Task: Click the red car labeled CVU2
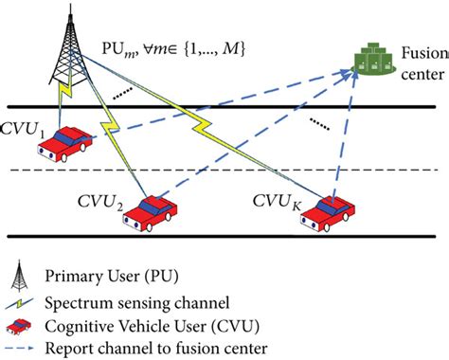[x=148, y=210]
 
